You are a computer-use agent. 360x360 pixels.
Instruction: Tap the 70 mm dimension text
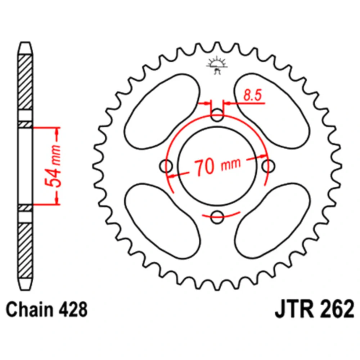[218, 166]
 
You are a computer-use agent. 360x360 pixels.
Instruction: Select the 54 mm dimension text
[53, 166]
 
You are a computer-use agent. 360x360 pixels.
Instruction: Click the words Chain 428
[46, 309]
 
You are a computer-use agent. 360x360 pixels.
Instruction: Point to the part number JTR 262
[315, 309]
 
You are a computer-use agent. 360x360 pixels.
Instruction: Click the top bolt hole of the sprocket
[217, 115]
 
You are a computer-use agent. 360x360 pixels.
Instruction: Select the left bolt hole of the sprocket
[166, 166]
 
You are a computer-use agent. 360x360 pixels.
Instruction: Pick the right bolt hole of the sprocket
[268, 166]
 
